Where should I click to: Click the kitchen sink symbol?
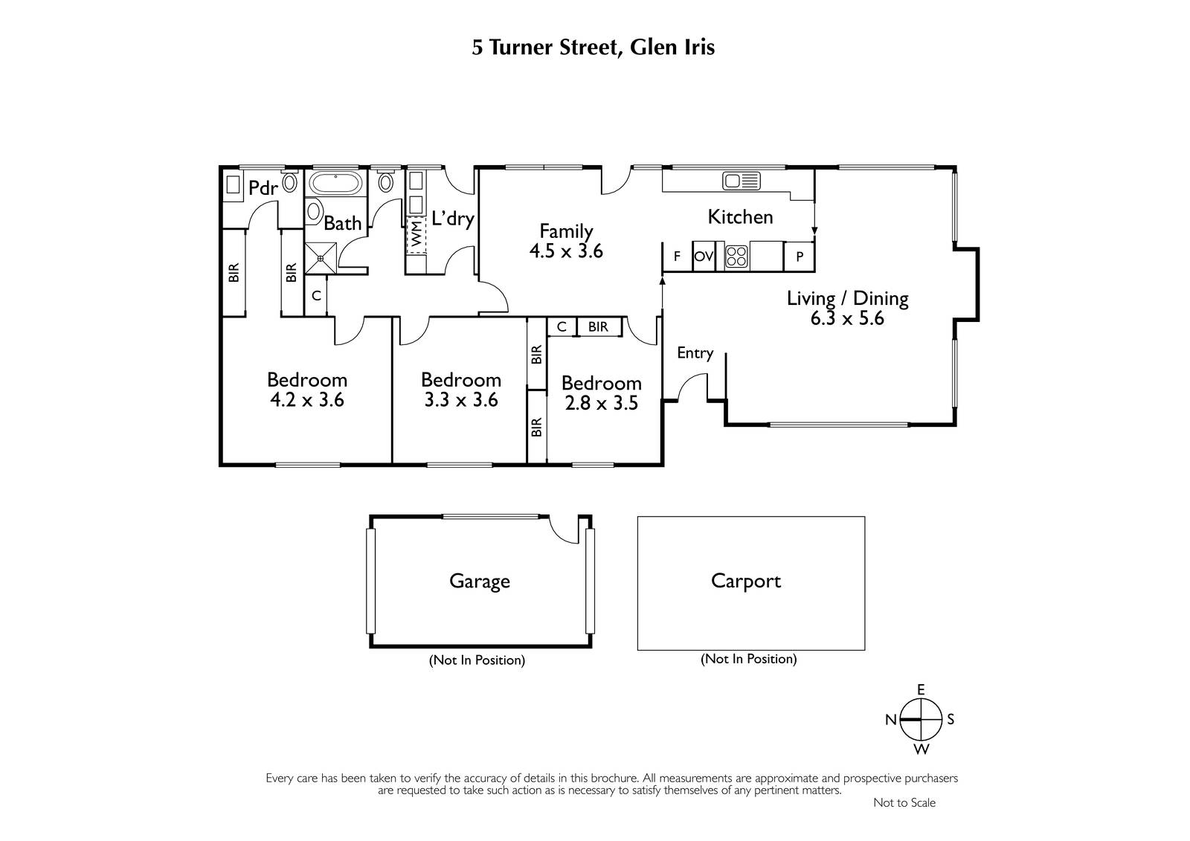[x=741, y=181]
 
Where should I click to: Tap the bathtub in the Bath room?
[x=335, y=183]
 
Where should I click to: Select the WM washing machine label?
[x=416, y=233]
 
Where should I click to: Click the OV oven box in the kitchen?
[x=704, y=257]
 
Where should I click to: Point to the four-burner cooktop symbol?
[x=737, y=256]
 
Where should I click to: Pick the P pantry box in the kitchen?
[x=799, y=257]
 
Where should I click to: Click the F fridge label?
[x=677, y=257]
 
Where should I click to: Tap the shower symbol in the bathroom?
[x=321, y=258]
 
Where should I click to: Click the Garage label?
[x=479, y=581]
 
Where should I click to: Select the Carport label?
[x=746, y=581]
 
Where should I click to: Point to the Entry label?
[x=695, y=353]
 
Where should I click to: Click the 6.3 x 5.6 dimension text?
[x=847, y=319]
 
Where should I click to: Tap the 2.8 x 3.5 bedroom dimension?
[x=601, y=403]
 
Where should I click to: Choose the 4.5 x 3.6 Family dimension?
[x=566, y=251]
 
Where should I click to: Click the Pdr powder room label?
[x=263, y=187]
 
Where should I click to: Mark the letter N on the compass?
[x=891, y=719]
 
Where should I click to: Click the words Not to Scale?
[x=904, y=803]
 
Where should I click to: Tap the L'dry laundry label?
[x=453, y=219]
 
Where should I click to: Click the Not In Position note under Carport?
[x=748, y=659]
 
